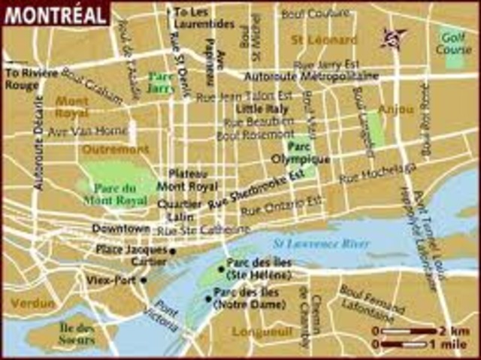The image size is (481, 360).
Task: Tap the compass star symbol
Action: pos(392,36)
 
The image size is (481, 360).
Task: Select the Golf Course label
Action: pos(454,44)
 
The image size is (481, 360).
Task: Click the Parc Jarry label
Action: pos(161,80)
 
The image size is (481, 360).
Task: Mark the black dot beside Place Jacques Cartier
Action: pos(173,251)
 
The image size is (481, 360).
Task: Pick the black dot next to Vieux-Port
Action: pos(143,280)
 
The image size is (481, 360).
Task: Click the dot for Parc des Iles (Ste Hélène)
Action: pos(221,269)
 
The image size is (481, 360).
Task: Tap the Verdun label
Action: pos(32,303)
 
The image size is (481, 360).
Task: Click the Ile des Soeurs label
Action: pos(77,334)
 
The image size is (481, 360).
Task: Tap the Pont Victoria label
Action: pos(167,316)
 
